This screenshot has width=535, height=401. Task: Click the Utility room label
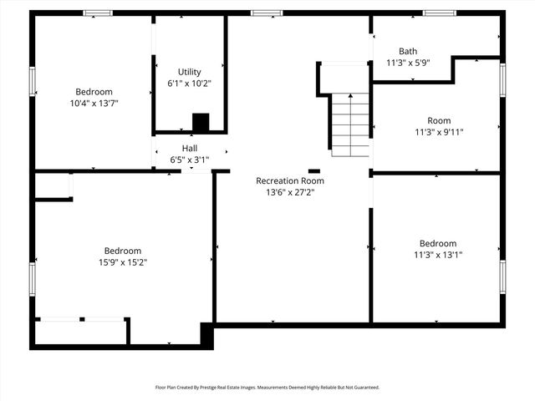click(189, 72)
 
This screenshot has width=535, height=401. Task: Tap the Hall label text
click(190, 148)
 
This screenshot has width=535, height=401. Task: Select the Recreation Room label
click(290, 180)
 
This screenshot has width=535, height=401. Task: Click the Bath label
click(408, 51)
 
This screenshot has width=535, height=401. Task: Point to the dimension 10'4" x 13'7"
click(94, 104)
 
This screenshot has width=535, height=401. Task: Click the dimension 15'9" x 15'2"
click(123, 262)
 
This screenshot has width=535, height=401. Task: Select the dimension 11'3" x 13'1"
click(438, 255)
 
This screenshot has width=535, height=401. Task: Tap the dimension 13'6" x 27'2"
click(290, 192)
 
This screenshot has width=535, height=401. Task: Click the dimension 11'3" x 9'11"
click(439, 132)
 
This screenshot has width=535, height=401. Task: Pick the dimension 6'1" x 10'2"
click(189, 84)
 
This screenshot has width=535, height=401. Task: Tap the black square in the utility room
click(201, 123)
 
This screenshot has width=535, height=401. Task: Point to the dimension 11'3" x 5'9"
click(408, 63)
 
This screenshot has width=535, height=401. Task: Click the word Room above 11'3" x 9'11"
click(439, 120)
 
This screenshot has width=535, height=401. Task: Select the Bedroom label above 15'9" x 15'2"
click(123, 251)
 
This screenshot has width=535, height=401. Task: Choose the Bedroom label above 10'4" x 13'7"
click(94, 92)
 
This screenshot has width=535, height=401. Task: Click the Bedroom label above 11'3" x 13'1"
click(438, 243)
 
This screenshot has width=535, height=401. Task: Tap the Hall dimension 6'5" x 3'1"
click(190, 160)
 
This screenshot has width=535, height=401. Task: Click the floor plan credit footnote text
click(267, 388)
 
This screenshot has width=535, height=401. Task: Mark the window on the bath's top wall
click(436, 13)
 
